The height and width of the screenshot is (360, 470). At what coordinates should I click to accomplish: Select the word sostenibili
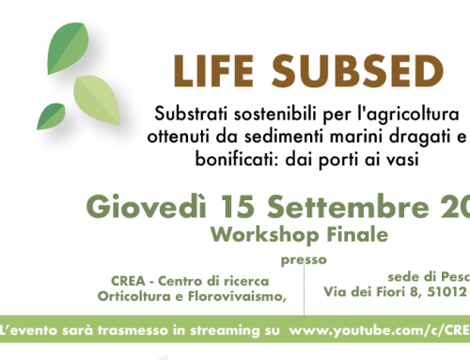click(x=261, y=114)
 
